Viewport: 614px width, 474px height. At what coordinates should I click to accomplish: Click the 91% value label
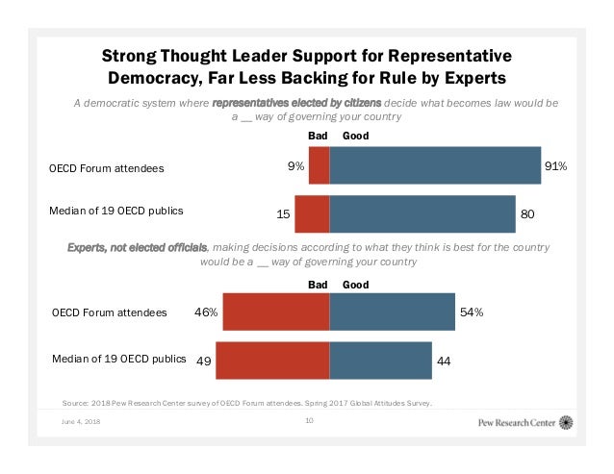555,166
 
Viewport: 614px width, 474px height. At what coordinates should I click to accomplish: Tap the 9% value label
295,166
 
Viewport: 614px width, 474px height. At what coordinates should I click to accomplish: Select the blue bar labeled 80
422,213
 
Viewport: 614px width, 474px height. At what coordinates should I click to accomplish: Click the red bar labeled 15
312,213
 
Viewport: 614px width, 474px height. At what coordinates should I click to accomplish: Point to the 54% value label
471,312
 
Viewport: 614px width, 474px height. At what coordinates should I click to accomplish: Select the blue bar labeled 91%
435,165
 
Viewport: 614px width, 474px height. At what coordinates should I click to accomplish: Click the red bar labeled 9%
319,165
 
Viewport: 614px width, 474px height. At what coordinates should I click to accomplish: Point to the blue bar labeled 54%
392,312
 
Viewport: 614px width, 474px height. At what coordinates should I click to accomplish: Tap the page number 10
309,421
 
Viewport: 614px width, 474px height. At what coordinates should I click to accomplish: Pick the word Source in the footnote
76,404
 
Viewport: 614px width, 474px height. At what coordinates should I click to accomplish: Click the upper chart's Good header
355,137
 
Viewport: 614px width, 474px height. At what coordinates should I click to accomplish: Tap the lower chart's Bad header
318,285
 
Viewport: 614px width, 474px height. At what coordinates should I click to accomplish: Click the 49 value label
203,362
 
